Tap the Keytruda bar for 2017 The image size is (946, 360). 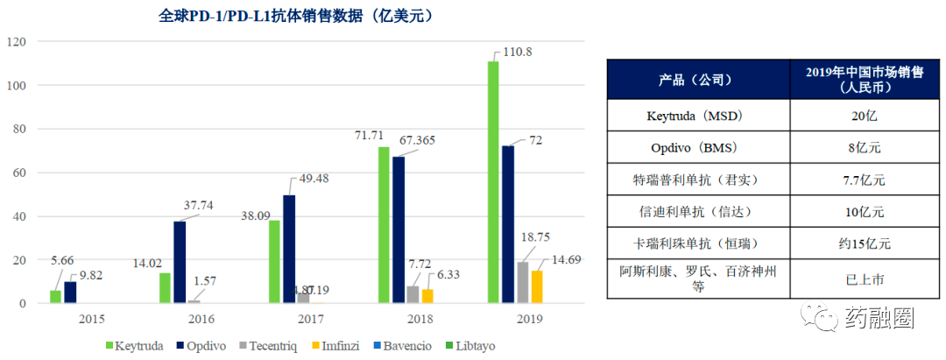pyautogui.click(x=274, y=261)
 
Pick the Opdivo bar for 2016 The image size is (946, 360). pyautogui.click(x=180, y=262)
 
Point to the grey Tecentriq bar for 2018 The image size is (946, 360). pyautogui.click(x=413, y=294)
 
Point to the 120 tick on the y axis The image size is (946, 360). pyautogui.click(x=18, y=42)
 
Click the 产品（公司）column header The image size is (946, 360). pyautogui.click(x=698, y=80)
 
